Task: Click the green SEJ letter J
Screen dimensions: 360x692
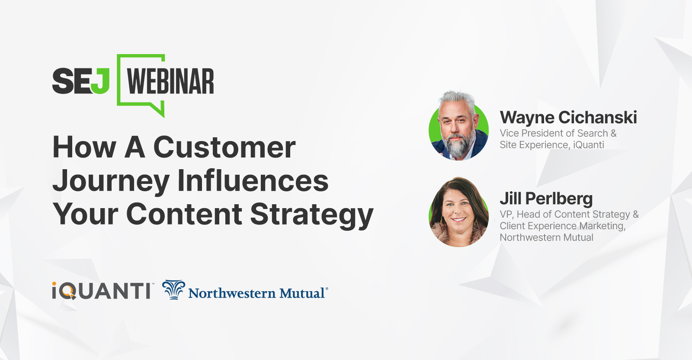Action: (x=100, y=81)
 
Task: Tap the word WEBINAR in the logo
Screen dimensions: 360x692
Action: (x=170, y=81)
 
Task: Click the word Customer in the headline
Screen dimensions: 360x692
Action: (x=224, y=148)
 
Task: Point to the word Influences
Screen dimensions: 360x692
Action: (x=253, y=180)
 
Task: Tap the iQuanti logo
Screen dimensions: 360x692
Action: (x=102, y=291)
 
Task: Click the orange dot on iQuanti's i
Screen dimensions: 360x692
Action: (x=54, y=284)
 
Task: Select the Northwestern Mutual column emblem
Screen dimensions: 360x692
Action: (x=173, y=289)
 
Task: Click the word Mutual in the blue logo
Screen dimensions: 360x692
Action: (x=302, y=293)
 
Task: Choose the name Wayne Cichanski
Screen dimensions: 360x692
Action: (x=568, y=118)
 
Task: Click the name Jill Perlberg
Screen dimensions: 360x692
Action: (x=546, y=199)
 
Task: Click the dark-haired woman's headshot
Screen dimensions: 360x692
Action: (x=458, y=212)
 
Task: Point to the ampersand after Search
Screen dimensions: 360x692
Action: (x=613, y=133)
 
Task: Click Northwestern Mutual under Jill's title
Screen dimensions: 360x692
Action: (x=546, y=238)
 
